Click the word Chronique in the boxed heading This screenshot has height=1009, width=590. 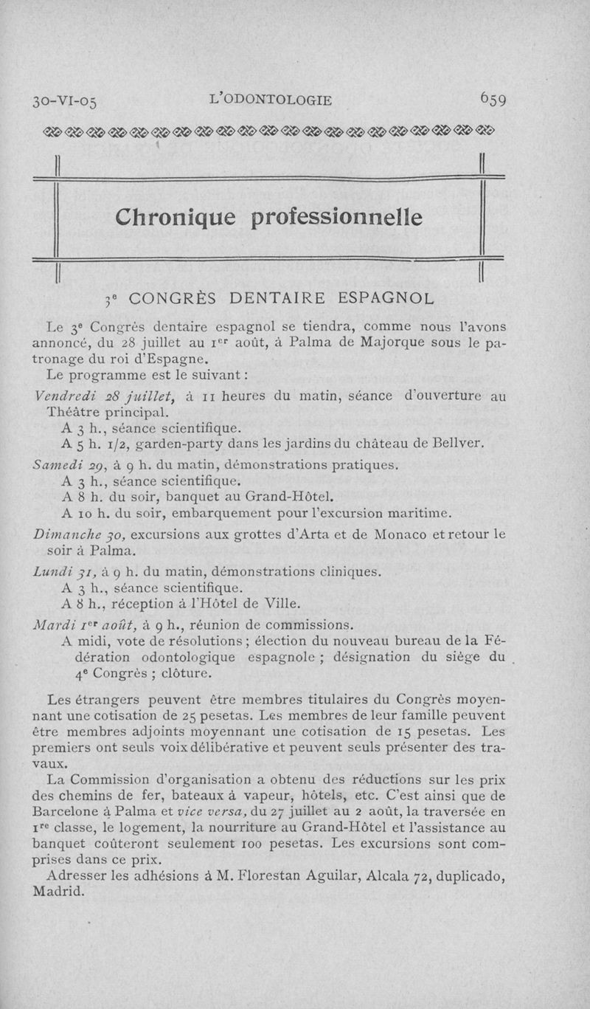(x=176, y=216)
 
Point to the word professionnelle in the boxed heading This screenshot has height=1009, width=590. (x=339, y=217)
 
